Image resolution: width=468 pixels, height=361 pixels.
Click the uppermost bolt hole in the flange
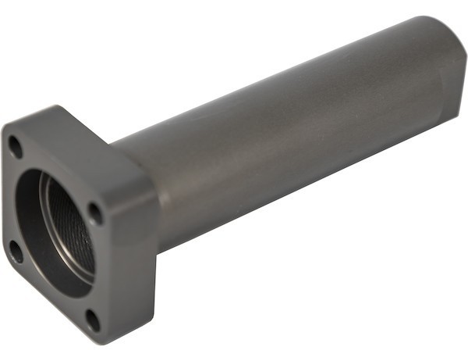pyautogui.click(x=15, y=145)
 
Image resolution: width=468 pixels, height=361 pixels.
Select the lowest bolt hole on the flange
pyautogui.click(x=91, y=318)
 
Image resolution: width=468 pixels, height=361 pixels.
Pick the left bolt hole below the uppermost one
pyautogui.click(x=15, y=251)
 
